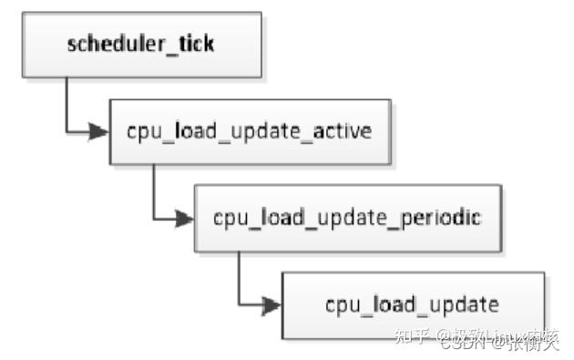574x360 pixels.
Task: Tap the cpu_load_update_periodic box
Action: point(347,219)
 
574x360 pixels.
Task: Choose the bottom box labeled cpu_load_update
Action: point(412,303)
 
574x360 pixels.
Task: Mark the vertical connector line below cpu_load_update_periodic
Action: point(239,276)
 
